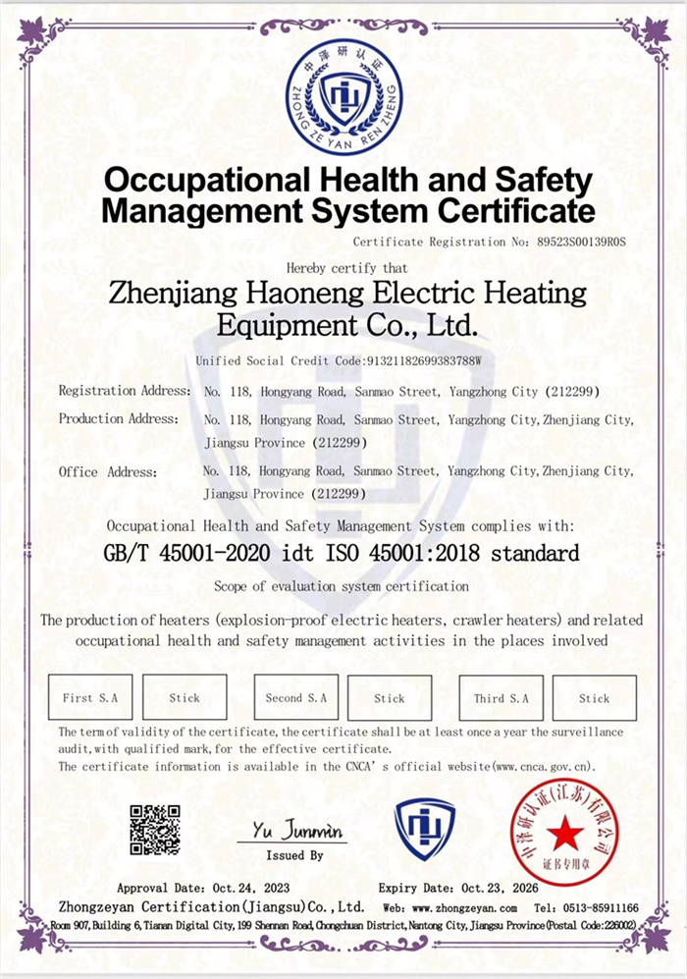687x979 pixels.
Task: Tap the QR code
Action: (x=155, y=830)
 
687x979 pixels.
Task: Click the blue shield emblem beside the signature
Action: (x=425, y=829)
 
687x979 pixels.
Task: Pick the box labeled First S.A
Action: (x=89, y=698)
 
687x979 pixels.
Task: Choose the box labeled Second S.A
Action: (x=295, y=698)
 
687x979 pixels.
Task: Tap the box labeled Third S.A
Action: (x=501, y=698)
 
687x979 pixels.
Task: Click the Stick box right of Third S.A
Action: (x=594, y=698)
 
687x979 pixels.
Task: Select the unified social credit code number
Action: (x=424, y=360)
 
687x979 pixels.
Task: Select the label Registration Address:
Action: (x=125, y=391)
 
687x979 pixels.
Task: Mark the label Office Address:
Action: (x=108, y=472)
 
